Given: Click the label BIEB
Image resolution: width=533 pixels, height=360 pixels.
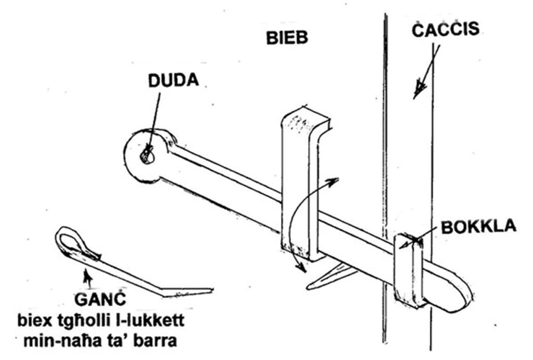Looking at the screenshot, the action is pyautogui.click(x=287, y=38).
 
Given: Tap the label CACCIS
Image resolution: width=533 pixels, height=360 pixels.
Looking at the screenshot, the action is pyautogui.click(x=446, y=29).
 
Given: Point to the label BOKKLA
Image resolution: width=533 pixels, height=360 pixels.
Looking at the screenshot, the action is pyautogui.click(x=479, y=226).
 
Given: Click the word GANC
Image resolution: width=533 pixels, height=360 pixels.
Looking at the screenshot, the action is pyautogui.click(x=100, y=300).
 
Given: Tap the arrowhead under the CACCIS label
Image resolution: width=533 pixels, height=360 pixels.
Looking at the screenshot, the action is pyautogui.click(x=419, y=90).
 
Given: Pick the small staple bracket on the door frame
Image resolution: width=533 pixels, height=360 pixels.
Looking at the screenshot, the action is pyautogui.click(x=410, y=271).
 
